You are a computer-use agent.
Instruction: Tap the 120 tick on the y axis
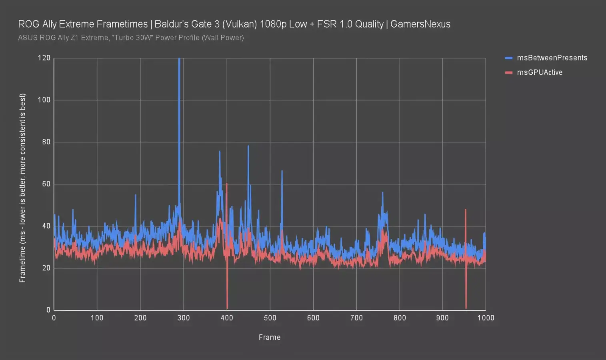pyautogui.click(x=44, y=58)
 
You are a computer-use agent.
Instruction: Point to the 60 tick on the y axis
pyautogui.click(x=46, y=184)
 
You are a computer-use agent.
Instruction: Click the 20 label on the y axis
pyautogui.click(x=46, y=268)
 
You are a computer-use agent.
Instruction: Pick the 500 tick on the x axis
pyautogui.click(x=270, y=318)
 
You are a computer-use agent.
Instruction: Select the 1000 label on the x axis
pyautogui.click(x=486, y=318)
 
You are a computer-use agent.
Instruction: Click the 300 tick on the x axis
pyautogui.click(x=184, y=318)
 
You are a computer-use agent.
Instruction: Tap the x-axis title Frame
pyautogui.click(x=270, y=337)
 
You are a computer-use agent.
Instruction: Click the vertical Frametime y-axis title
pyautogui.click(x=22, y=188)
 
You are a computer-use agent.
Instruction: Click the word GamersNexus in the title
pyautogui.click(x=420, y=24)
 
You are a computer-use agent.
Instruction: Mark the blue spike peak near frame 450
pyautogui.click(x=248, y=146)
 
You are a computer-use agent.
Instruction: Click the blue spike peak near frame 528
pyautogui.click(x=282, y=171)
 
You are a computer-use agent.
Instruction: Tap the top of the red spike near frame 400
pyautogui.click(x=227, y=184)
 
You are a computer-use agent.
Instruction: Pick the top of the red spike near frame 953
pyautogui.click(x=466, y=210)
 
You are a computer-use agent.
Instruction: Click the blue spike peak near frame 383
pyautogui.click(x=220, y=152)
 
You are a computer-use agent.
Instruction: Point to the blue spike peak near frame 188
pyautogui.click(x=136, y=195)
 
